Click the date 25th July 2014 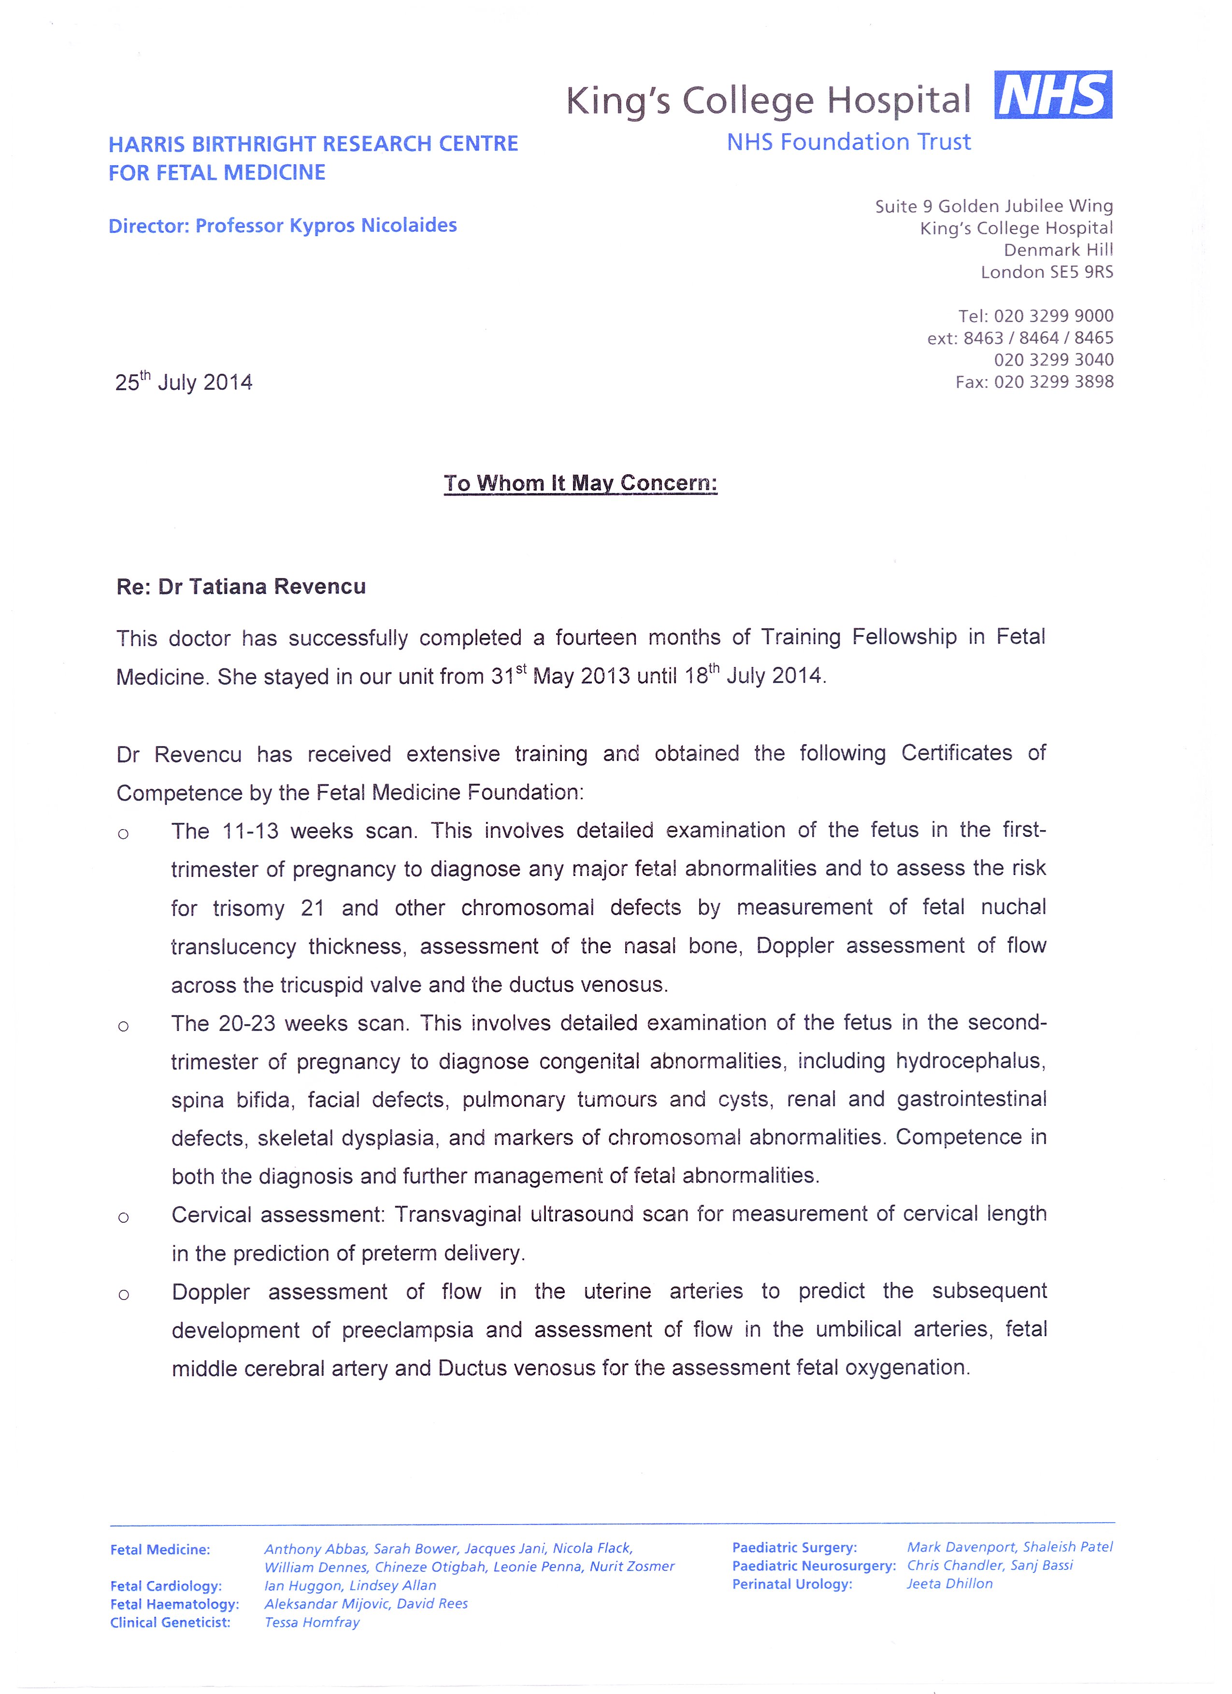coord(184,382)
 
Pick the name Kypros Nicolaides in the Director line coord(373,226)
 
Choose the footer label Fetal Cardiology coord(166,1586)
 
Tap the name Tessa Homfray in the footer coord(312,1623)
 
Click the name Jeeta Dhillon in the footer coord(949,1583)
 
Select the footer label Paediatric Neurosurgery coord(814,1566)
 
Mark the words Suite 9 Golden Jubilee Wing coord(994,206)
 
